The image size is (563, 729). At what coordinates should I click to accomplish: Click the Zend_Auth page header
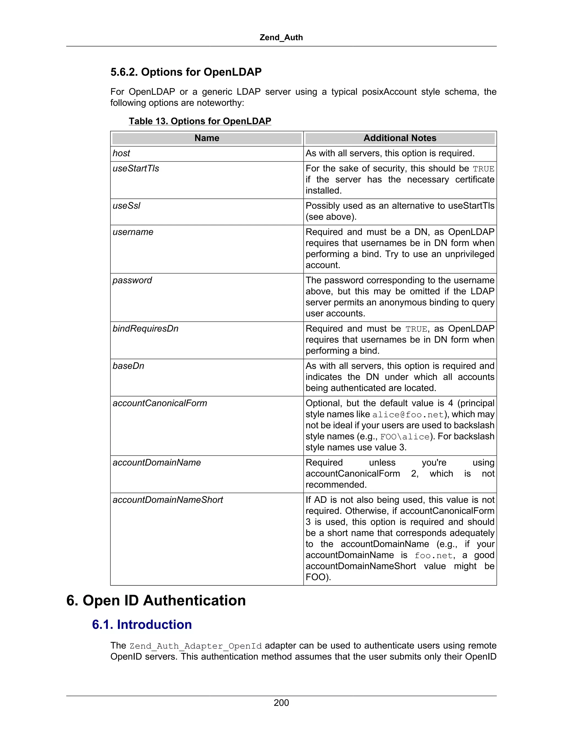[281, 37]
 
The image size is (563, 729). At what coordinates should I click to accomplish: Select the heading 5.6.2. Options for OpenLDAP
[186, 72]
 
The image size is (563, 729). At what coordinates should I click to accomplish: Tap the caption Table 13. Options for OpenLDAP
[200, 121]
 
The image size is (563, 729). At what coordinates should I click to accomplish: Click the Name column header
[207, 138]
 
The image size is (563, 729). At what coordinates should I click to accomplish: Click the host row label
[122, 153]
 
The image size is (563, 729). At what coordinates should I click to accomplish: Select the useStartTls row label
[136, 169]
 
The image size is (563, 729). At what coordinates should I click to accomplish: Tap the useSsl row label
[126, 205]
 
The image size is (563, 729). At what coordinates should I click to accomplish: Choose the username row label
[133, 232]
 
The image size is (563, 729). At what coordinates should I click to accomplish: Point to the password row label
[132, 280]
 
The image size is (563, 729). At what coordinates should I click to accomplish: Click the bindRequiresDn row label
[145, 329]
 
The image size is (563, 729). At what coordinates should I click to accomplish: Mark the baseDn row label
[128, 366]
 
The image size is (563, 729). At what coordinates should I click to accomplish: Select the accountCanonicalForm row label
[160, 403]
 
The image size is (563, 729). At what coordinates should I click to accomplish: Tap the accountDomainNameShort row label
[168, 500]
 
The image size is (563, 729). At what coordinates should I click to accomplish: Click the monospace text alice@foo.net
[408, 415]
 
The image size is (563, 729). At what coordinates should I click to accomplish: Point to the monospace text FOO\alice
[405, 437]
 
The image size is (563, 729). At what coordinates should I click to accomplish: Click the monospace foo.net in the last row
[433, 556]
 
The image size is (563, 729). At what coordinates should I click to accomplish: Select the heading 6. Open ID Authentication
[156, 601]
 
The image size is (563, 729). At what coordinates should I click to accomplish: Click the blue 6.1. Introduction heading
[142, 624]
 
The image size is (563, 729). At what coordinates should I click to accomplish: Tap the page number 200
[281, 703]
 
